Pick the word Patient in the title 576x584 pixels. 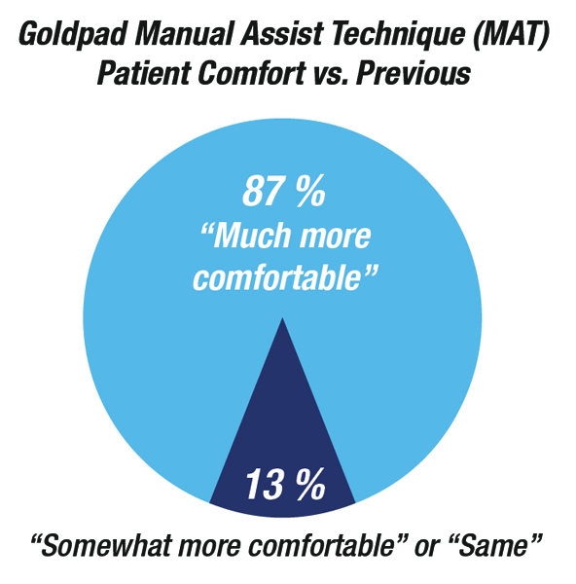pyautogui.click(x=144, y=73)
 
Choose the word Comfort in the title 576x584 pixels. pyautogui.click(x=252, y=73)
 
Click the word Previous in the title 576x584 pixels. pyautogui.click(x=413, y=73)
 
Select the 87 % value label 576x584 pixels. pyautogui.click(x=284, y=191)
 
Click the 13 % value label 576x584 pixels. pyautogui.click(x=285, y=484)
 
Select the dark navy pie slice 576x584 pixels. pyautogui.click(x=282, y=447)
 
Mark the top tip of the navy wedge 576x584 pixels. pyautogui.click(x=282, y=318)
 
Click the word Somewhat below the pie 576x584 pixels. pyautogui.click(x=99, y=545)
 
